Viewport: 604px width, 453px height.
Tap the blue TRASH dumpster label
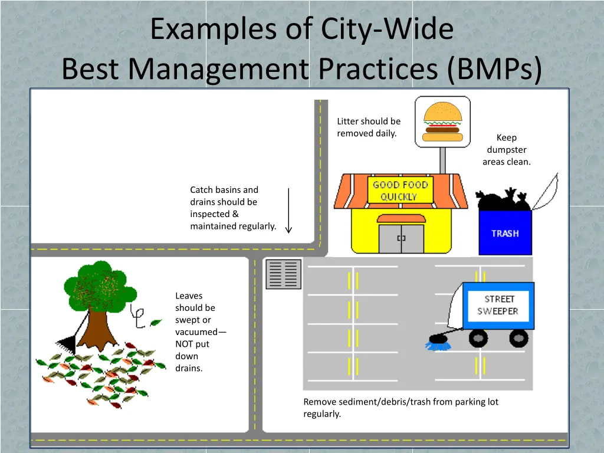click(x=505, y=234)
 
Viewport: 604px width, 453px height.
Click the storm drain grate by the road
click(x=283, y=274)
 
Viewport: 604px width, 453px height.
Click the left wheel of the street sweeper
click(x=478, y=338)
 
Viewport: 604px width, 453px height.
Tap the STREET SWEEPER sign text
click(x=498, y=305)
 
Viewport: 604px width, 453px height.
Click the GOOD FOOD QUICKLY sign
click(x=399, y=191)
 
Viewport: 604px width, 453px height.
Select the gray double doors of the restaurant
click(x=401, y=238)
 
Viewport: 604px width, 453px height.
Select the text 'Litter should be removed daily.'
click(x=368, y=127)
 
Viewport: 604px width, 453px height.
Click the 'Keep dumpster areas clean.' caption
click(x=506, y=149)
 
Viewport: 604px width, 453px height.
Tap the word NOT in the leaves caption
click(x=184, y=344)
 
